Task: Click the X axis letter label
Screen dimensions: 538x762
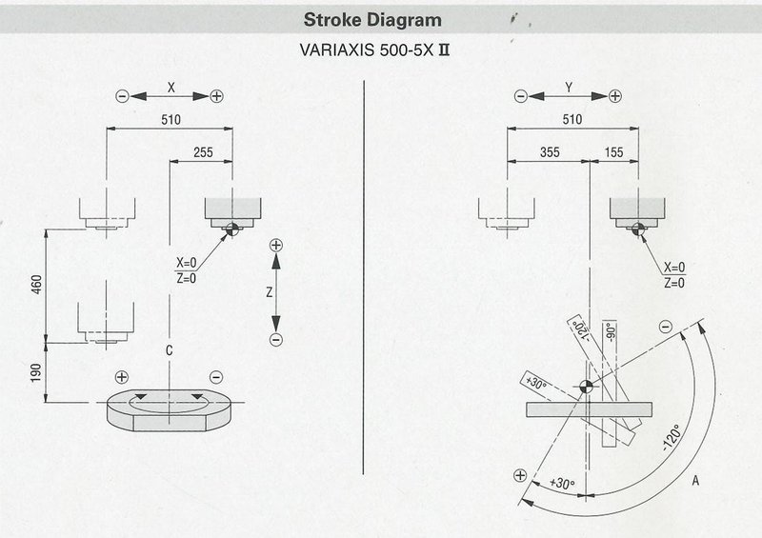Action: tap(171, 87)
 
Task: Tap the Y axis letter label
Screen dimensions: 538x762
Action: tap(568, 87)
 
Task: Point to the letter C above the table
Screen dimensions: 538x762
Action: tap(168, 351)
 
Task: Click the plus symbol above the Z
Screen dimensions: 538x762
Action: tap(276, 246)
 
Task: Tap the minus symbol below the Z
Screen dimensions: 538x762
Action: tap(276, 340)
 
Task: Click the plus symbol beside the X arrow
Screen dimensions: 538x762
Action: tap(217, 95)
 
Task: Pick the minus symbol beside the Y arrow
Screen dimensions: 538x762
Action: tap(520, 95)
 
